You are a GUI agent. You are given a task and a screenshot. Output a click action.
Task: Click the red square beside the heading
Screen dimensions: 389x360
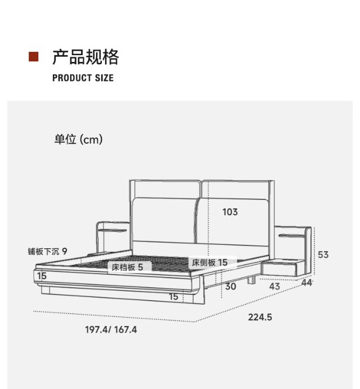point(34,57)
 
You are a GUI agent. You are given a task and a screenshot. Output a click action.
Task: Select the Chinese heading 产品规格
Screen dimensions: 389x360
point(85,57)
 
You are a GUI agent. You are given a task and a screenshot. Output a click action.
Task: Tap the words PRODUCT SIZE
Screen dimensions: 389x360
point(83,78)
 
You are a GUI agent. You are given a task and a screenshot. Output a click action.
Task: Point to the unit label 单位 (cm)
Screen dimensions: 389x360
point(78,140)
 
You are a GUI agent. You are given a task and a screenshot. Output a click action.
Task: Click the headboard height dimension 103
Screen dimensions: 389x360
point(229,212)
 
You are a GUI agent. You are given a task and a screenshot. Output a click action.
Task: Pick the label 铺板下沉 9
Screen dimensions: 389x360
point(47,251)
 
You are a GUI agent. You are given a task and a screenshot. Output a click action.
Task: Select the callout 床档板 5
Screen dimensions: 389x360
point(127,267)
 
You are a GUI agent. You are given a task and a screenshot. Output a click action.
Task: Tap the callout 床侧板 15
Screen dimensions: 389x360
point(209,262)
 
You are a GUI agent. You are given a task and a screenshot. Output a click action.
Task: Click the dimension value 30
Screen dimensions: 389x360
point(230,286)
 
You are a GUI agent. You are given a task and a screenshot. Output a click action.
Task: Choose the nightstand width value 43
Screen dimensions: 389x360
point(274,287)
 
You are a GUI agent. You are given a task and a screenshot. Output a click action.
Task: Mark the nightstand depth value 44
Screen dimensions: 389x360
point(306,283)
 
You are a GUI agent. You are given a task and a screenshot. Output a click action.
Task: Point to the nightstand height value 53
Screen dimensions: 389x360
point(323,254)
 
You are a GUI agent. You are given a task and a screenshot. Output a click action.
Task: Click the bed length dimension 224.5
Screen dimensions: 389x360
point(260,317)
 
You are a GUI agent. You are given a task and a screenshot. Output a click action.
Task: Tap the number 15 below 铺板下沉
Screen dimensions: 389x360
point(42,276)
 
